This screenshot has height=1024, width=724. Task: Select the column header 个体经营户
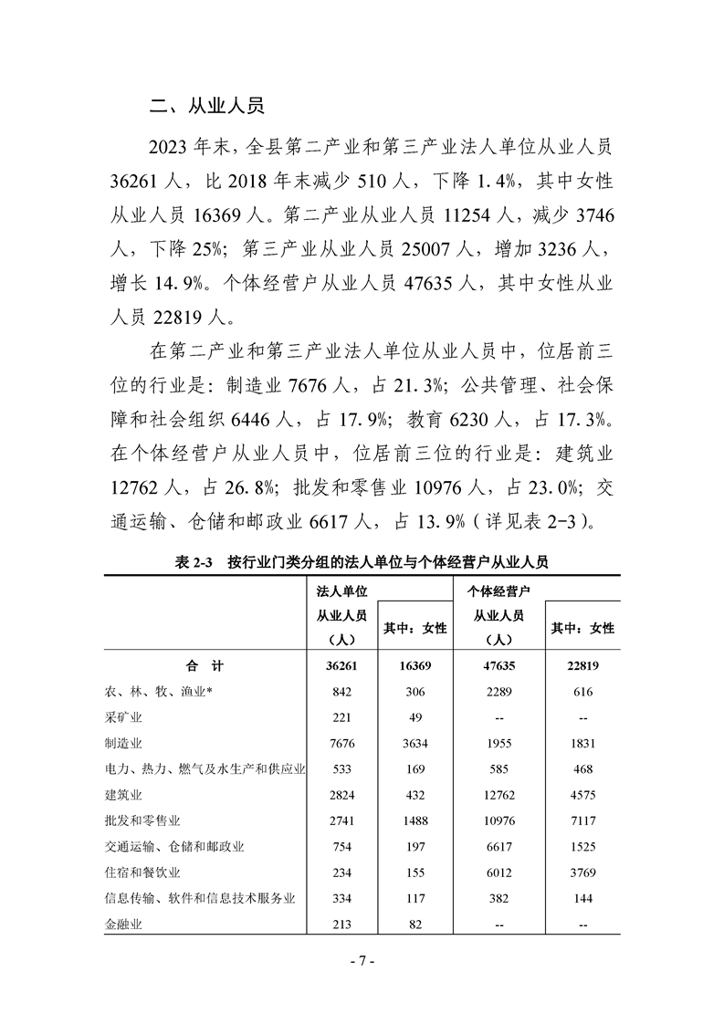[x=498, y=591]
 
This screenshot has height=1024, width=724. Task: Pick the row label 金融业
[x=127, y=924]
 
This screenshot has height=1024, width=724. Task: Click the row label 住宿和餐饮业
[x=144, y=872]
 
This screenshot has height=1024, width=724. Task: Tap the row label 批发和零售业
[x=144, y=820]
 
